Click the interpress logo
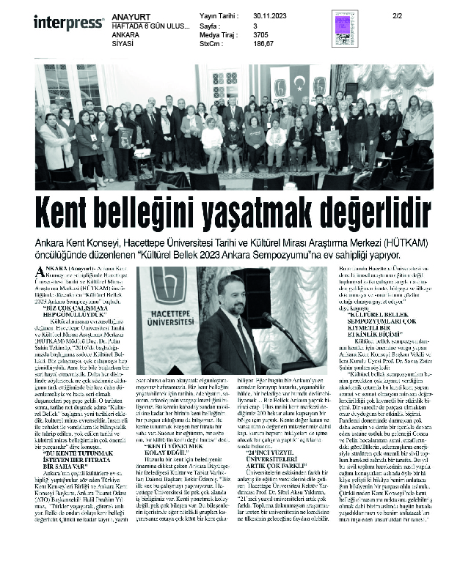point(68,22)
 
